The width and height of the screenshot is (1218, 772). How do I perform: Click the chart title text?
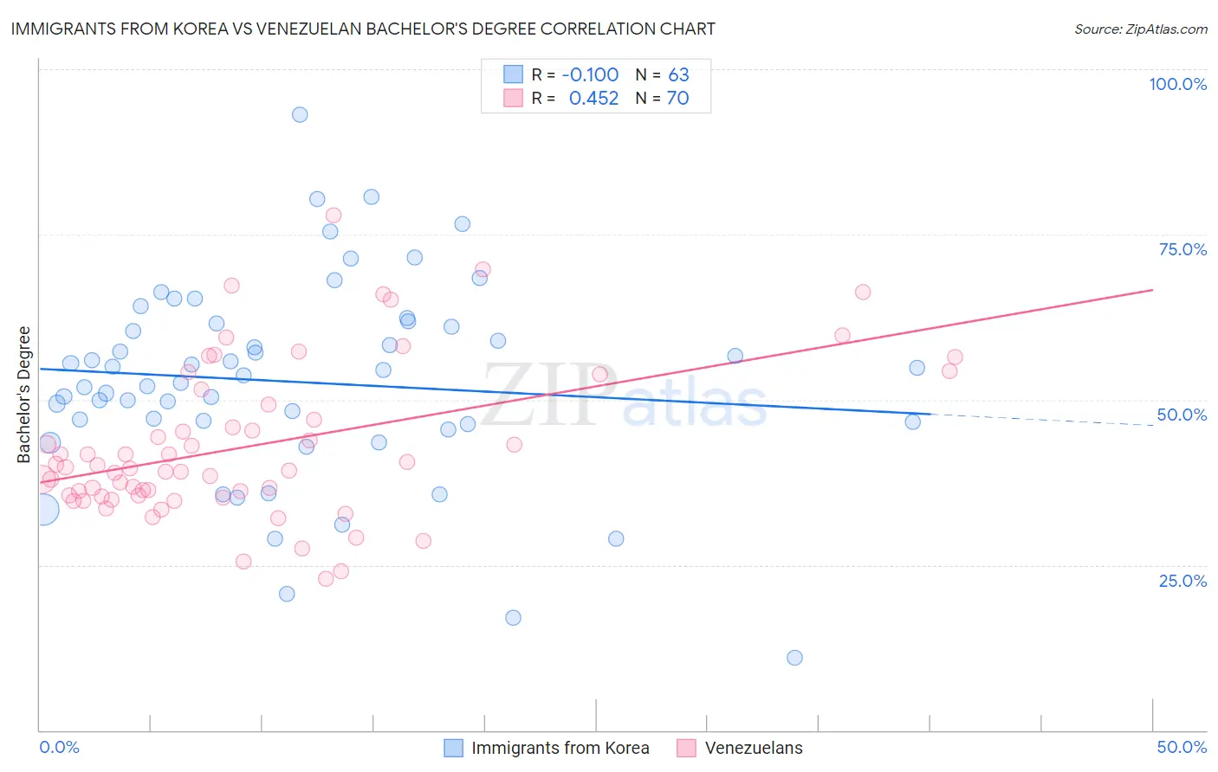click(363, 29)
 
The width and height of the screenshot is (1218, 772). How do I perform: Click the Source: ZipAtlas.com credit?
click(1140, 29)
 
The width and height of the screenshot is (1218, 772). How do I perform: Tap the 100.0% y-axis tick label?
click(1177, 84)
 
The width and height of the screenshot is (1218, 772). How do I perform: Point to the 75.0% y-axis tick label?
click(1182, 249)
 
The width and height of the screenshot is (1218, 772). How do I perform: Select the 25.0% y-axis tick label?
click(1182, 581)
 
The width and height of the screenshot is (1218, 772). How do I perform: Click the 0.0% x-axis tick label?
click(59, 747)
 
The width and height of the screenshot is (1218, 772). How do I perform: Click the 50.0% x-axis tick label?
click(1182, 747)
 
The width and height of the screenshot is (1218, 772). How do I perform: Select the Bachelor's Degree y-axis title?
click(24, 395)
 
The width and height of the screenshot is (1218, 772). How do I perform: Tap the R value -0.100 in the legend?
click(590, 74)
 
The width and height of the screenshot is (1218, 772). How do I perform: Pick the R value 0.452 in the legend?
click(593, 98)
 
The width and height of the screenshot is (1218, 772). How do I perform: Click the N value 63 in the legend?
click(678, 74)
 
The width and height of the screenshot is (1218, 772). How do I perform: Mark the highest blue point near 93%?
click(300, 114)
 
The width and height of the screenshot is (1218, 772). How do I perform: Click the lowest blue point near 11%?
click(794, 658)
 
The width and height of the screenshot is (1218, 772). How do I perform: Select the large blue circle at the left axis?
click(43, 510)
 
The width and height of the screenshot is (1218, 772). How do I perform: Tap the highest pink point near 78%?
click(334, 216)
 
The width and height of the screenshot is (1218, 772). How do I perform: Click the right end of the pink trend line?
click(1152, 290)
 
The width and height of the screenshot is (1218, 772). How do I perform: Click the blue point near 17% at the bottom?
click(513, 618)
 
